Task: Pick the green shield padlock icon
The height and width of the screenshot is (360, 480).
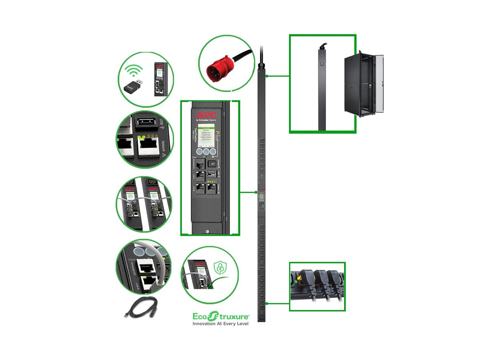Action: coord(220,267)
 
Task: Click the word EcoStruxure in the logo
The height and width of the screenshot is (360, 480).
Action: coord(220,316)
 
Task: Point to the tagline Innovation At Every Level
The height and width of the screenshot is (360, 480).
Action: coord(221,324)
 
